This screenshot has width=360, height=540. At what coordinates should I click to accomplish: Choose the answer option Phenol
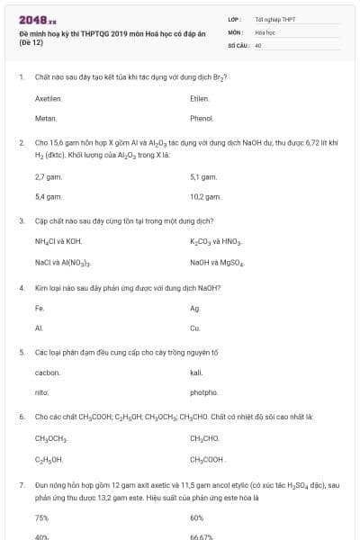[x=202, y=118]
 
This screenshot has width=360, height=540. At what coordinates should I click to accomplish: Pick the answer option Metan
[x=45, y=118]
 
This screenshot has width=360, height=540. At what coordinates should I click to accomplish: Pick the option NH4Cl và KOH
[x=58, y=242]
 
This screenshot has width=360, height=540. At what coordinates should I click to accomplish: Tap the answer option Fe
[x=40, y=308]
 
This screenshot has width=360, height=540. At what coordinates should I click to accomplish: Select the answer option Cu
[x=195, y=328]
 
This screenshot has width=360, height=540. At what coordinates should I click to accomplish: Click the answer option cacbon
[x=48, y=372]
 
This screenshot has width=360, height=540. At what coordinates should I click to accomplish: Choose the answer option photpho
[x=204, y=392]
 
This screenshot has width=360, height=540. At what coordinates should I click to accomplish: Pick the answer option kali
[x=197, y=372]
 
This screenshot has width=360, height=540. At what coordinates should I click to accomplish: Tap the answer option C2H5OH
[x=49, y=459]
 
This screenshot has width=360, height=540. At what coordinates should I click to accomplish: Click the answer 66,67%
[x=202, y=535]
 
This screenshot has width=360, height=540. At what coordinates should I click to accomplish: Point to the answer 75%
[x=41, y=517]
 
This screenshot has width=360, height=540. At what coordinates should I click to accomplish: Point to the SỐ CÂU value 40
[x=258, y=44]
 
